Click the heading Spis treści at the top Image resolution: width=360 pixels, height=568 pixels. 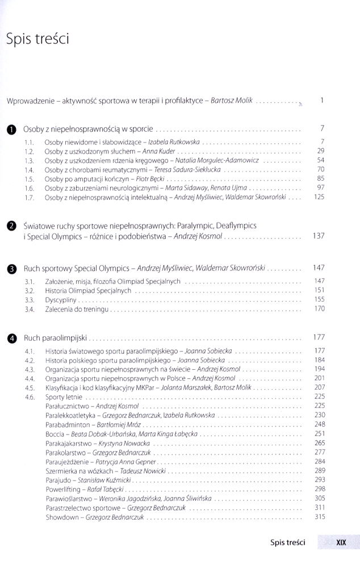tap(37, 39)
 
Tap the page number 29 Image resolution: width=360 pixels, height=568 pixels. tap(320, 151)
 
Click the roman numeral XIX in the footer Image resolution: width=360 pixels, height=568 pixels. tap(341, 542)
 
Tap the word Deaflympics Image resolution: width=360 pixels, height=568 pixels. tap(236, 226)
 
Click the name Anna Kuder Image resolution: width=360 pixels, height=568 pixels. tap(159, 151)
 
